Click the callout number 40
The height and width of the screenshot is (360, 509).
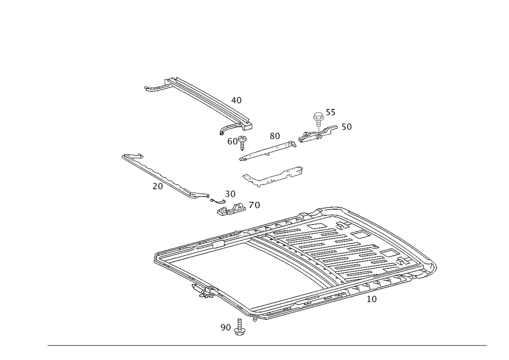pos(237,100)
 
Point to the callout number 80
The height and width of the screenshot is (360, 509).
pos(275,136)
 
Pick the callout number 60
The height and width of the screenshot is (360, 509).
pos(233,142)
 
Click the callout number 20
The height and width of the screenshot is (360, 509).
pos(157,186)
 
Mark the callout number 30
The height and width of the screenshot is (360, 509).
pos(230,194)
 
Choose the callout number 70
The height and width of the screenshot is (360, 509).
pos(254,206)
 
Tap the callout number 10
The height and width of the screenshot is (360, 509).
pos(372,299)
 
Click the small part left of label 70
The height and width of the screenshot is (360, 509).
pos(229,209)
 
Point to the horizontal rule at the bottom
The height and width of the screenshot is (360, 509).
pos(267,345)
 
